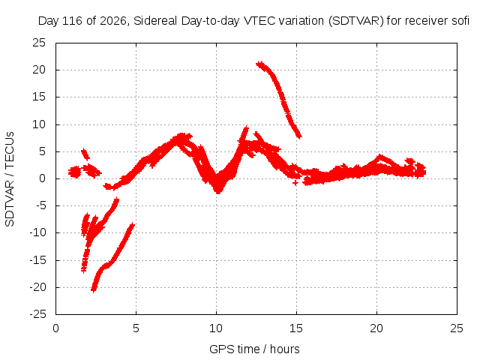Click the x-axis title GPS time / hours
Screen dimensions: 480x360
click(x=254, y=349)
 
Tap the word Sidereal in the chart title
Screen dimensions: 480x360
click(x=155, y=21)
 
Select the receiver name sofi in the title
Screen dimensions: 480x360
click(x=460, y=21)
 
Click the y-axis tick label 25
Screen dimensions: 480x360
click(x=39, y=43)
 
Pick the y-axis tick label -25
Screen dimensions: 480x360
click(x=37, y=314)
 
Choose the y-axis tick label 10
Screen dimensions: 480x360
click(x=39, y=124)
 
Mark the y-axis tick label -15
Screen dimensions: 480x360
click(x=37, y=260)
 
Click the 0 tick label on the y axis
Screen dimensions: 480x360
click(x=43, y=178)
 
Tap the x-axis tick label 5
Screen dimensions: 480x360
click(x=136, y=328)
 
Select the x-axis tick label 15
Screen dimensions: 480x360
click(x=296, y=328)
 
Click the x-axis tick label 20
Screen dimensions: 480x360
click(x=376, y=328)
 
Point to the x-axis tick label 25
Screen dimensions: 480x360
click(x=457, y=328)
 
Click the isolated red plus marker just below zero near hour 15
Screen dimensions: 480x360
click(x=295, y=183)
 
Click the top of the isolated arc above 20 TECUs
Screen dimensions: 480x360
click(x=259, y=64)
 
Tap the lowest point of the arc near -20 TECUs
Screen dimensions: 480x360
click(x=94, y=290)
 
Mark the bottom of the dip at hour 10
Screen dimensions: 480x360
click(x=218, y=192)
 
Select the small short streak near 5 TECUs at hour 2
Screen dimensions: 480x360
click(x=85, y=154)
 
